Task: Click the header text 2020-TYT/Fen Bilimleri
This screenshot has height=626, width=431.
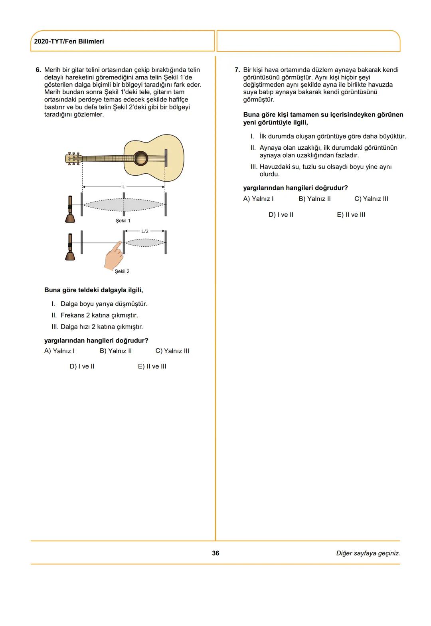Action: pyautogui.click(x=69, y=42)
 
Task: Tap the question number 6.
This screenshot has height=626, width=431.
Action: pyautogui.click(x=38, y=70)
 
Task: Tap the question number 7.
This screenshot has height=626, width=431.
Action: pyautogui.click(x=237, y=70)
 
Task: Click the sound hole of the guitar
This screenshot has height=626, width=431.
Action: pyautogui.click(x=140, y=158)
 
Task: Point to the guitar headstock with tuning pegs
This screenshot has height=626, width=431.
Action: pyautogui.click(x=73, y=158)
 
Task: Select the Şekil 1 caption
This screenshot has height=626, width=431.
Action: pyautogui.click(x=123, y=221)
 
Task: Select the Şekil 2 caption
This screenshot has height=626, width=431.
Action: pyautogui.click(x=122, y=271)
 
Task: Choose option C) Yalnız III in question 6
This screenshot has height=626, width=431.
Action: pyautogui.click(x=172, y=351)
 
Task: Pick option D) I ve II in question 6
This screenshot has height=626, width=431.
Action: pyautogui.click(x=82, y=366)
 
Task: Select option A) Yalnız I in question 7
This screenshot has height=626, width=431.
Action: pyautogui.click(x=258, y=199)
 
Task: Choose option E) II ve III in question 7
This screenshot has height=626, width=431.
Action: pyautogui.click(x=351, y=215)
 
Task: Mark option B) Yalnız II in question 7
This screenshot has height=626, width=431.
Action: pyautogui.click(x=314, y=199)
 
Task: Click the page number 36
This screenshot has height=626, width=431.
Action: pyautogui.click(x=215, y=553)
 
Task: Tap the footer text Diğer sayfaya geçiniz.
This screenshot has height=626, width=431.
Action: pyautogui.click(x=368, y=553)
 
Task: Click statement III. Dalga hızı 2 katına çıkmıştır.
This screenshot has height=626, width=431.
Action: pyautogui.click(x=97, y=327)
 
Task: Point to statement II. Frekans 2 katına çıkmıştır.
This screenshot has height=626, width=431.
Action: pyautogui.click(x=95, y=315)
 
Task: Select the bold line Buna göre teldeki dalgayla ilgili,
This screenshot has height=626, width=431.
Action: pyautogui.click(x=93, y=290)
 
